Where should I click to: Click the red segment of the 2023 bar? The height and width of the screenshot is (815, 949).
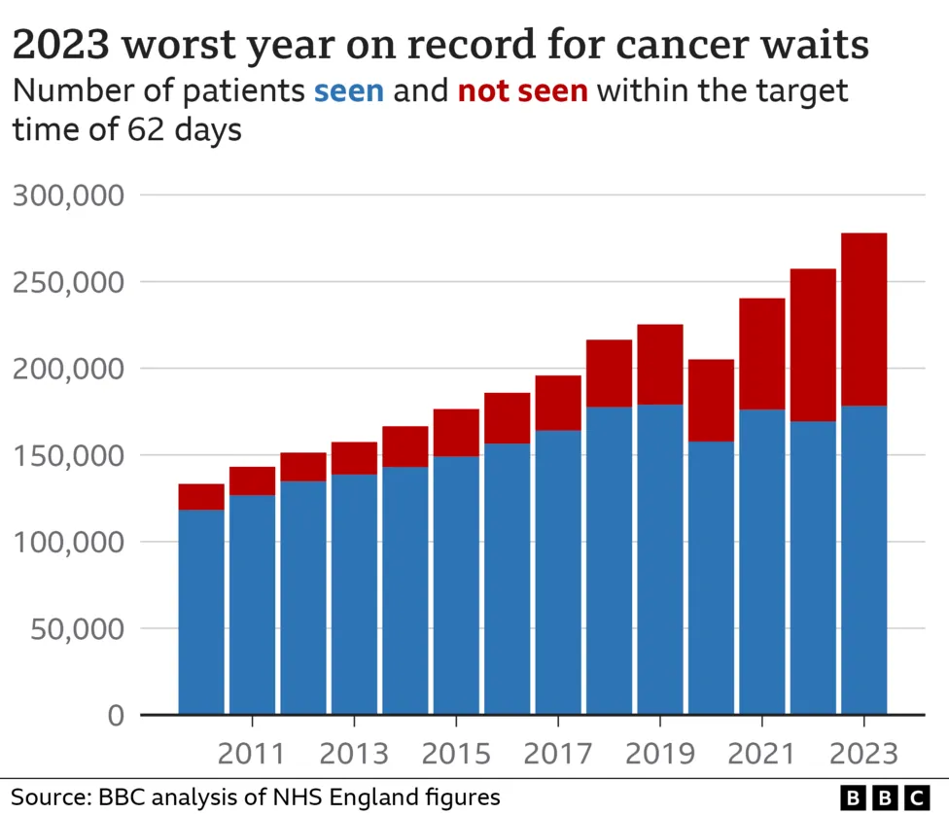pos(863,319)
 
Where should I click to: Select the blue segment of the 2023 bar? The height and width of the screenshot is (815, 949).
pos(863,559)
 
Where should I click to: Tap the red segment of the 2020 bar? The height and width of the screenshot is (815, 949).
pos(711,401)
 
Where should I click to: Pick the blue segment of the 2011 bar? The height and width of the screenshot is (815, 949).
pos(252,603)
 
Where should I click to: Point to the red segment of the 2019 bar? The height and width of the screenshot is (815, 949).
pos(659,364)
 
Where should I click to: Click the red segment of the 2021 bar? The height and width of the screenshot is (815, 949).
pos(761,353)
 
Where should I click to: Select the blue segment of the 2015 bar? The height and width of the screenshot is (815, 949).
pos(456,584)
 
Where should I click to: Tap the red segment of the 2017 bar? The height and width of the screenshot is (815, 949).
pos(558,403)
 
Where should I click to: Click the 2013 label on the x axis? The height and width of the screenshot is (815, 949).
pos(354,754)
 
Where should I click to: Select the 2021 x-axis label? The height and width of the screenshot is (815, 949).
pos(761,754)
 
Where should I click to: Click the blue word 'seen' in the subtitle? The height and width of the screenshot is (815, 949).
pos(348,91)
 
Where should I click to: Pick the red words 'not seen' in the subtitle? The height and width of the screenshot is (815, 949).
pos(522,91)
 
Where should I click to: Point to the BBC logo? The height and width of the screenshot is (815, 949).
pos(885,797)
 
